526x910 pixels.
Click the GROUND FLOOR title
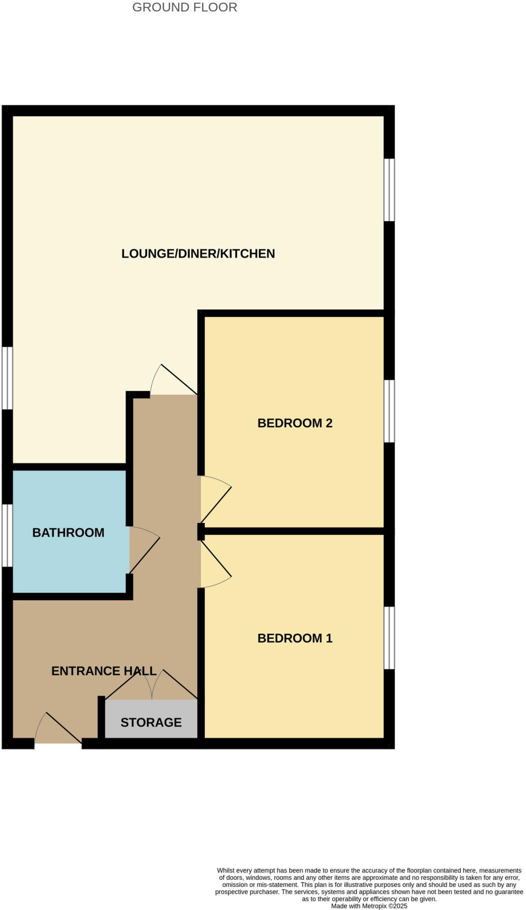(185, 8)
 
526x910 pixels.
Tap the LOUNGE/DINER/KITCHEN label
(198, 254)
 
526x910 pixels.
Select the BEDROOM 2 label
(295, 423)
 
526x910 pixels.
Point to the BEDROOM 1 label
(295, 639)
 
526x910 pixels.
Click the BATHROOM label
(68, 533)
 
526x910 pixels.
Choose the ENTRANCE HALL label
(104, 671)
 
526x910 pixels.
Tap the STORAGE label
(151, 722)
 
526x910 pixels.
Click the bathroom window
(8, 535)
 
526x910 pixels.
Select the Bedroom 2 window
(389, 411)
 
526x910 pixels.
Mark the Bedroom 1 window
(389, 638)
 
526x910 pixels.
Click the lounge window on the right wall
(389, 190)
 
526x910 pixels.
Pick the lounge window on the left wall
(8, 378)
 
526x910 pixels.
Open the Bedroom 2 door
(216, 500)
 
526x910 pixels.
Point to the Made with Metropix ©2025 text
(369, 906)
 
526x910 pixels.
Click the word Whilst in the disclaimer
(226, 870)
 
